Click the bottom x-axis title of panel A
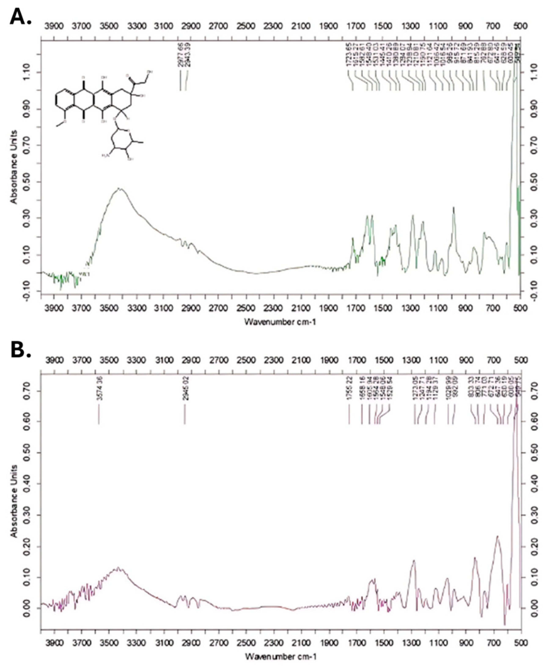click(280, 322)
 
